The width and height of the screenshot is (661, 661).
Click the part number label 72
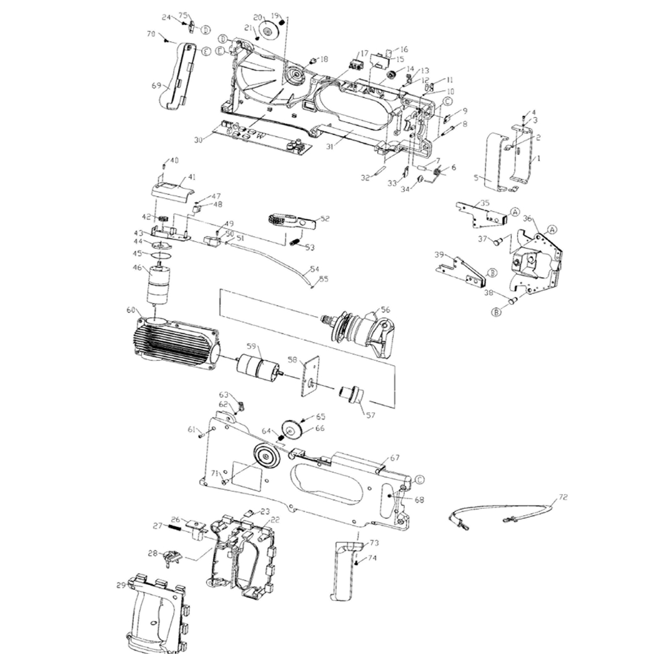[562, 497]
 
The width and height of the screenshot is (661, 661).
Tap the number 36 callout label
[527, 218]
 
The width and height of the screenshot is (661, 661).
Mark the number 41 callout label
[192, 177]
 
